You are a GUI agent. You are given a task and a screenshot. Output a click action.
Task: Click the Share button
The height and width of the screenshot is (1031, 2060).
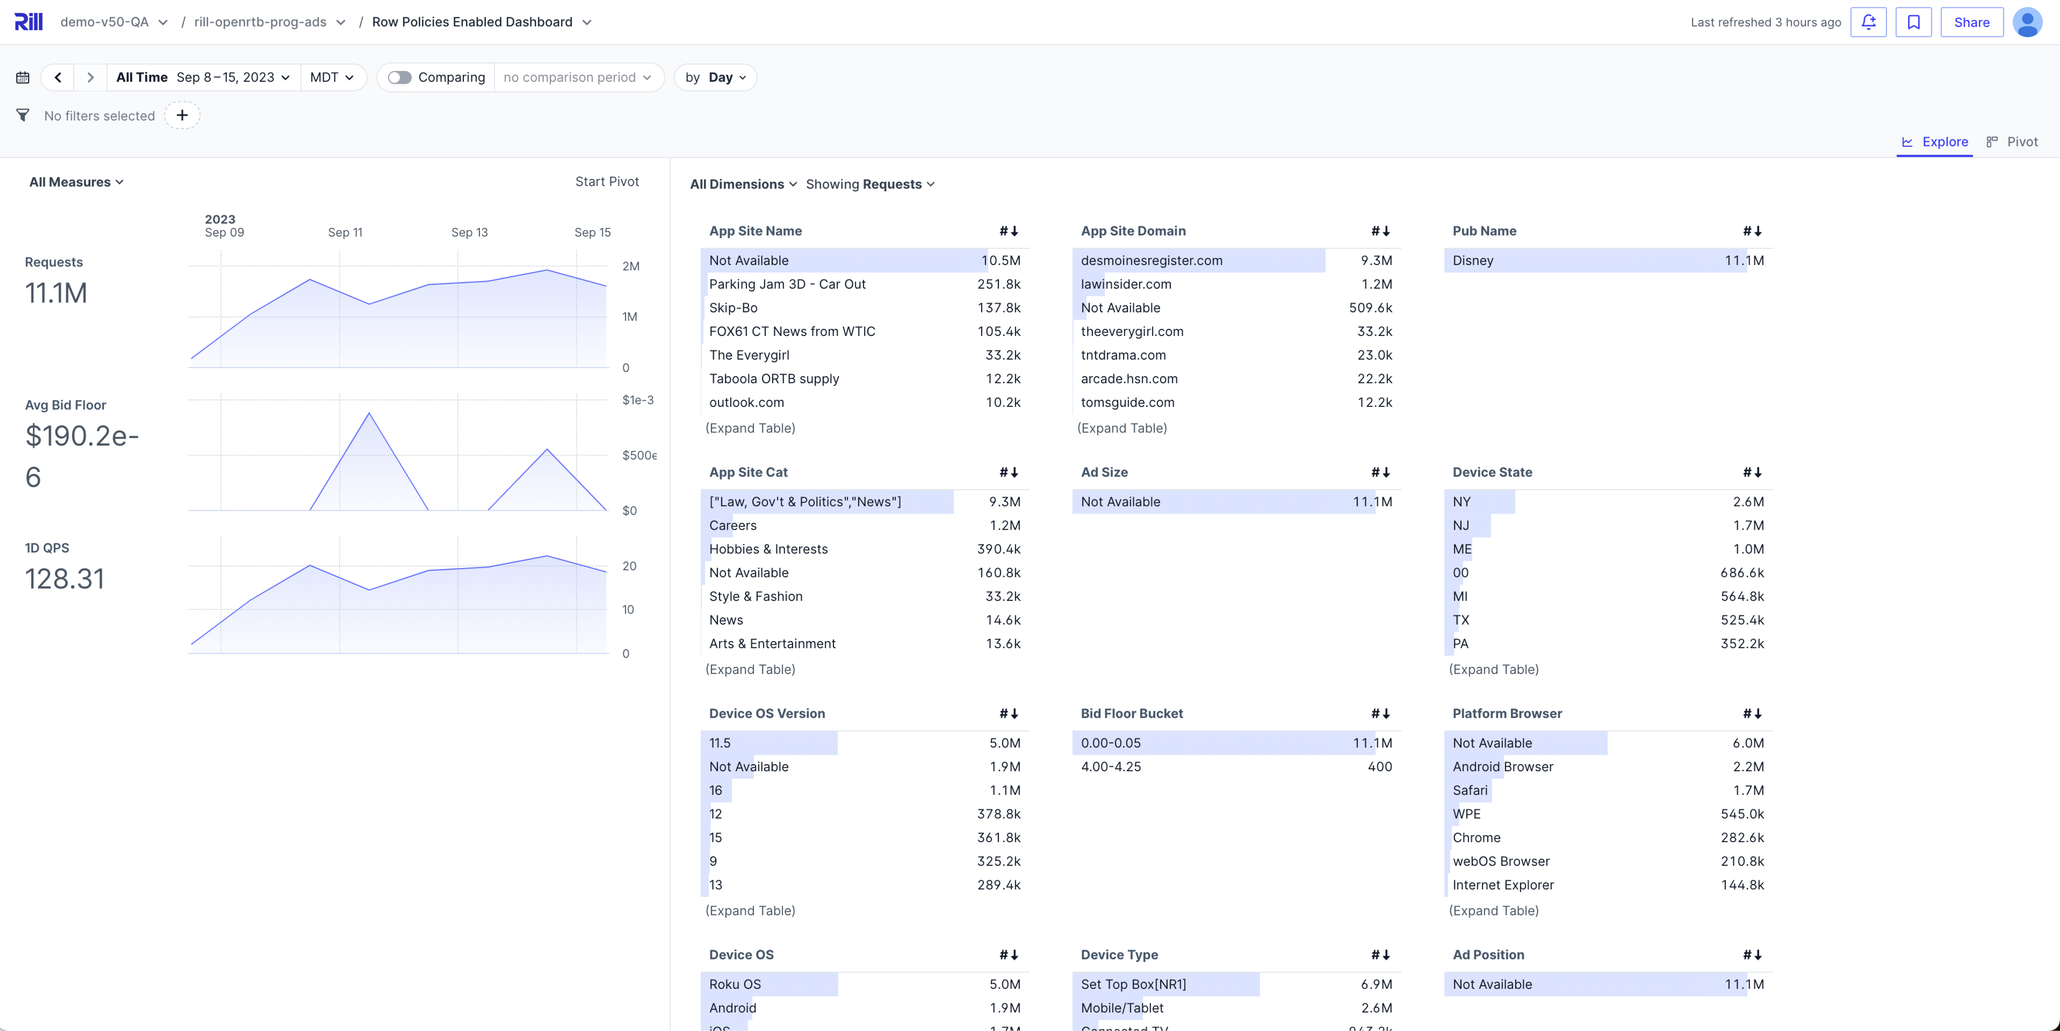[x=1971, y=22]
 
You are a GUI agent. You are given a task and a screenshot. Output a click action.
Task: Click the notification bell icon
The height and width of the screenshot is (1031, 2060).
[x=1868, y=22]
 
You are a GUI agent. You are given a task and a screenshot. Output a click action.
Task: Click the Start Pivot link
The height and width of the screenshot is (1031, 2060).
[x=607, y=181]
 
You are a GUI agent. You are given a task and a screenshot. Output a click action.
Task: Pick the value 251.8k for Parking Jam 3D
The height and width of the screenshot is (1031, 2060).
[x=999, y=284]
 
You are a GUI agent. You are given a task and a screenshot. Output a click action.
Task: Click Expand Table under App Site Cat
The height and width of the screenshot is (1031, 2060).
[x=750, y=670]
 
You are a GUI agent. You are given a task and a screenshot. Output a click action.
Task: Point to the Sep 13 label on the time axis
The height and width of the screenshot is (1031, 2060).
[x=470, y=233]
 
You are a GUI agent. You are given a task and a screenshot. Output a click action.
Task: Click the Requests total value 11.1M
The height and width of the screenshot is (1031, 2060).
[x=56, y=294]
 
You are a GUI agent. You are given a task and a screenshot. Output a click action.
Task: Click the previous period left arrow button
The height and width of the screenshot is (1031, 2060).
[x=58, y=78]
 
